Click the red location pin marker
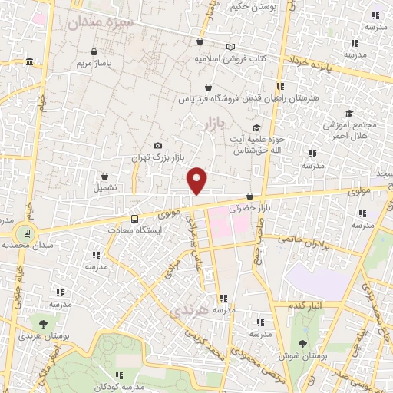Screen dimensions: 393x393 click(x=197, y=180)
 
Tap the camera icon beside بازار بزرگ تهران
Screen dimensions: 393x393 click(x=158, y=145)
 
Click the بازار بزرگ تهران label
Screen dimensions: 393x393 click(x=150, y=157)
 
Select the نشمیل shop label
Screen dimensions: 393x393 click(x=106, y=187)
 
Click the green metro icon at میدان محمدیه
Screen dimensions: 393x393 click(x=27, y=233)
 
